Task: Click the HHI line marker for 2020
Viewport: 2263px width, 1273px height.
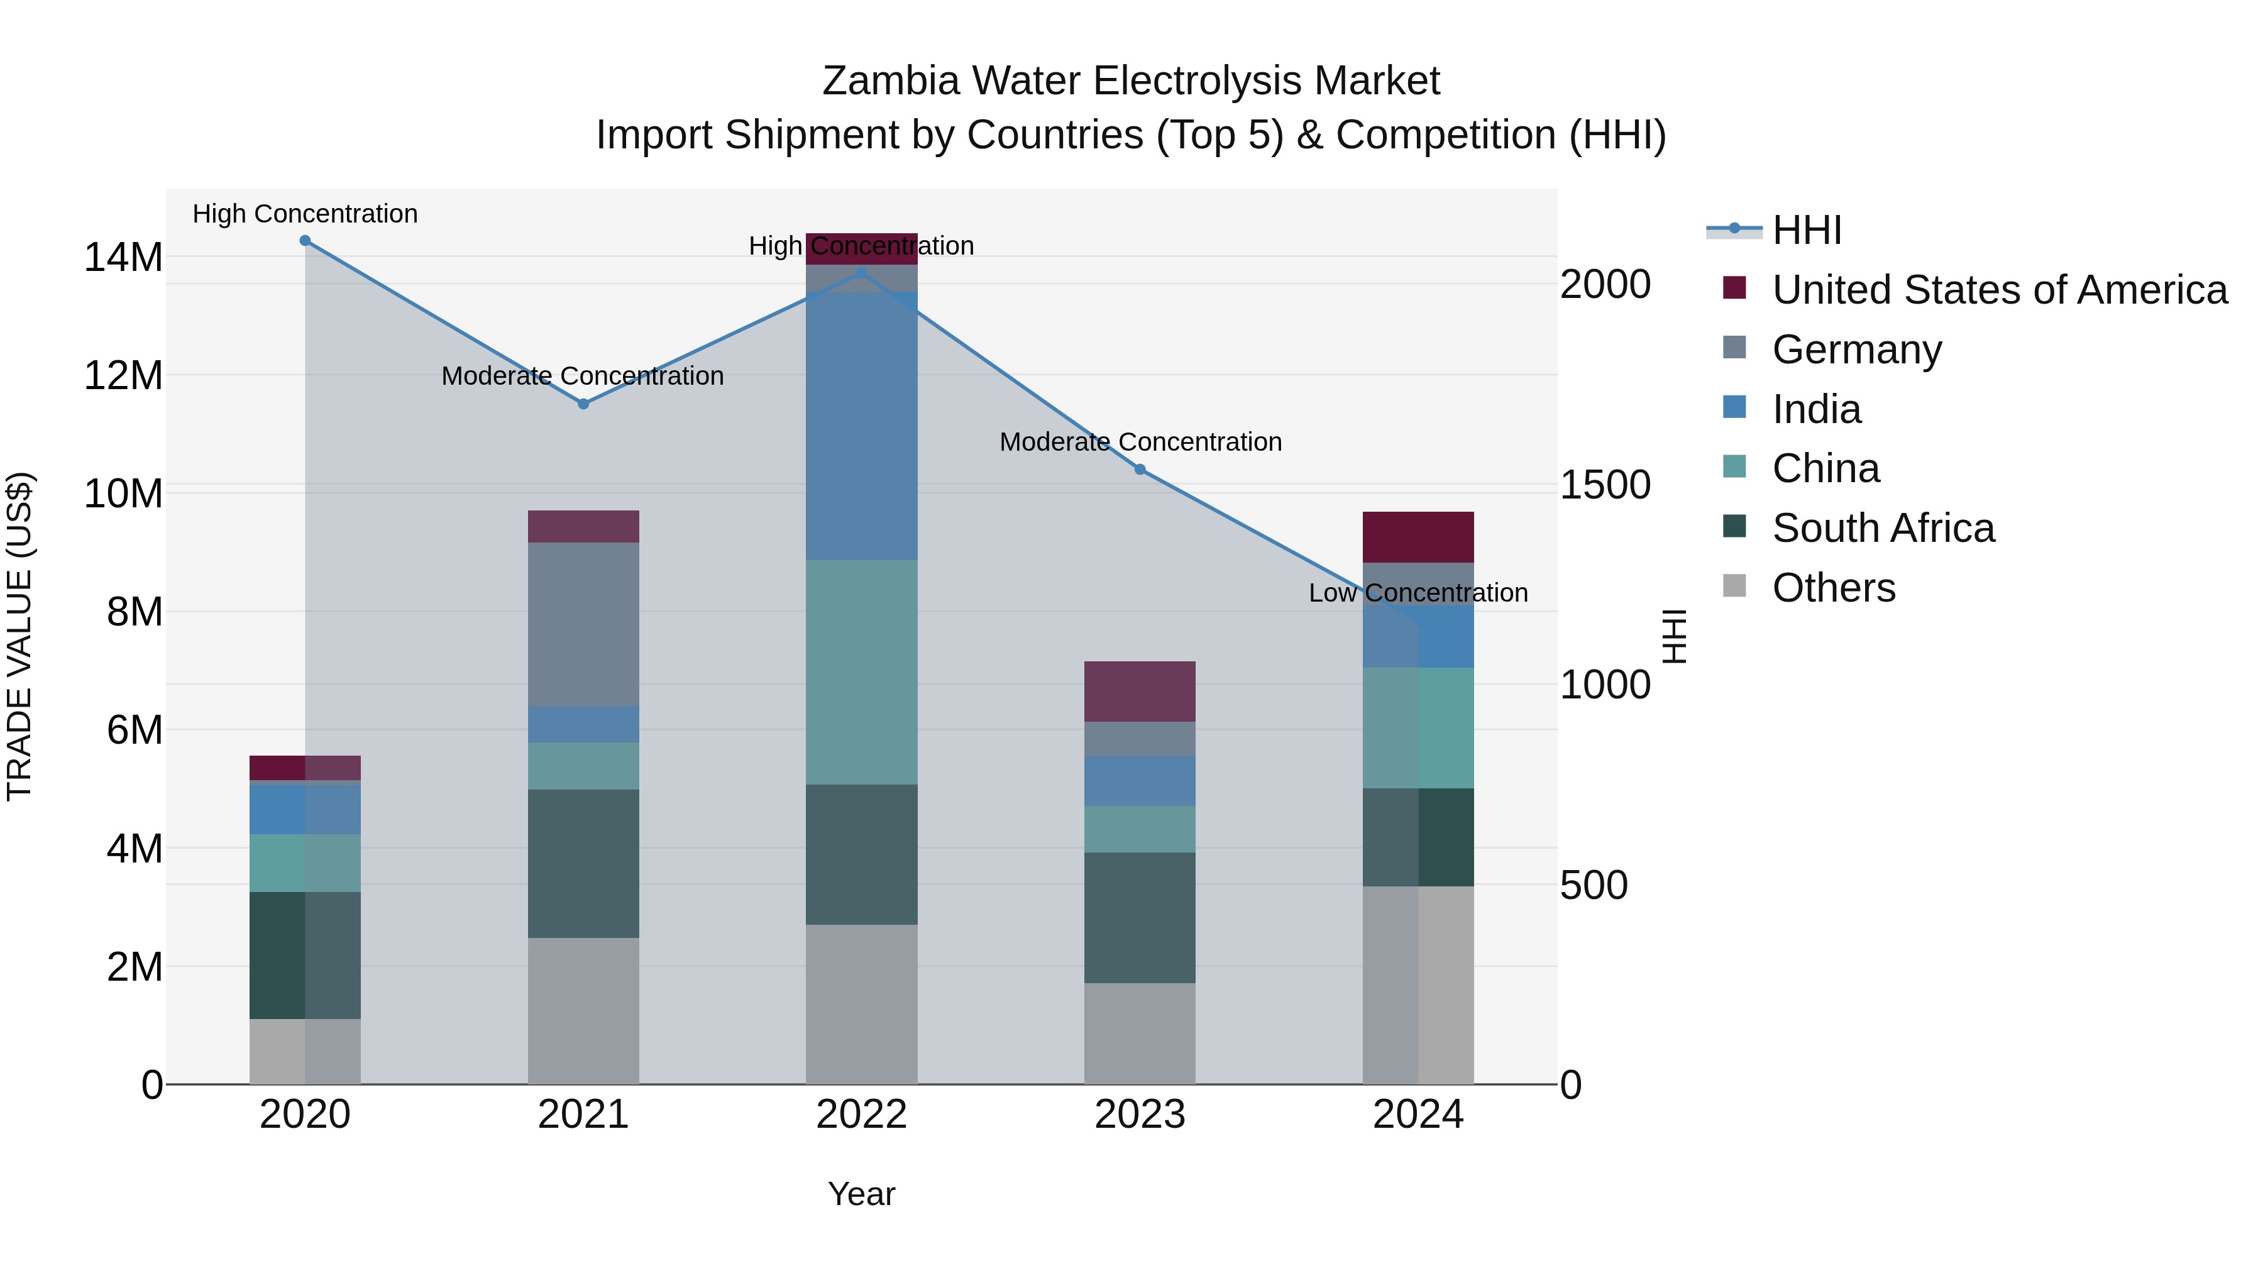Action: (305, 241)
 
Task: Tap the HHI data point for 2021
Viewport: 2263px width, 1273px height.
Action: (583, 404)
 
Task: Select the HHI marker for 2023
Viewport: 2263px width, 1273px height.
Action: (1140, 469)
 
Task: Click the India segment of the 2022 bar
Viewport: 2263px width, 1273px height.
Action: (862, 426)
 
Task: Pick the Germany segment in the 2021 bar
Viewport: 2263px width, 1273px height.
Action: (583, 625)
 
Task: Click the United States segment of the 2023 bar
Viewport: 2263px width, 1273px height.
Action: (1140, 692)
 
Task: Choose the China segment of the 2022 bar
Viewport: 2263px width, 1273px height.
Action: (862, 672)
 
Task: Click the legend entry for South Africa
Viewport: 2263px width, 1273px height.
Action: (1883, 528)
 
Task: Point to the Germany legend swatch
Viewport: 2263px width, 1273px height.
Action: (1734, 348)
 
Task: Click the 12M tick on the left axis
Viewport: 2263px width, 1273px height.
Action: (123, 376)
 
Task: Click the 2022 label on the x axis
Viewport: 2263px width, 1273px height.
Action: (862, 1115)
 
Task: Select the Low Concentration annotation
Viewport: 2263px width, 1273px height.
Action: (1418, 593)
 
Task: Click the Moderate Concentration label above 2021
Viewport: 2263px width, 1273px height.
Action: (583, 376)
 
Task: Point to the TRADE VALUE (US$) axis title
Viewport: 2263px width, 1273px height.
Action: (20, 636)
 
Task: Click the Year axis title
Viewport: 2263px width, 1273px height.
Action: (861, 1194)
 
